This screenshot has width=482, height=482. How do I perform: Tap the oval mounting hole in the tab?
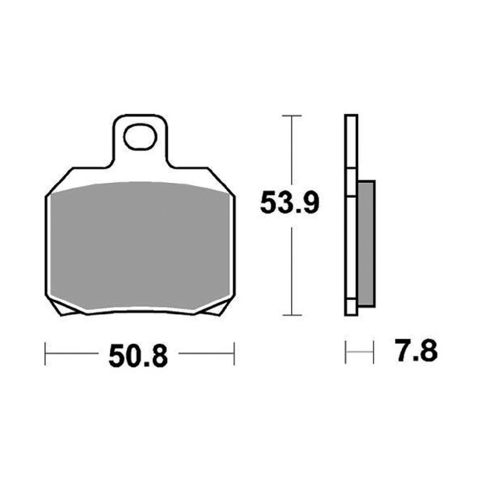pyautogui.click(x=139, y=137)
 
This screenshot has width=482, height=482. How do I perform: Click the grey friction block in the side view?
pyautogui.click(x=366, y=243)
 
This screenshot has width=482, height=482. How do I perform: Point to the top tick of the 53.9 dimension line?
pyautogui.click(x=292, y=116)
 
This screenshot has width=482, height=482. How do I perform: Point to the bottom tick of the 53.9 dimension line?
pyautogui.click(x=292, y=315)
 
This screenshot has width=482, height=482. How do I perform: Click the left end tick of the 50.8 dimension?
pyautogui.click(x=45, y=353)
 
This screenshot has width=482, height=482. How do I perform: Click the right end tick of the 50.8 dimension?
pyautogui.click(x=234, y=353)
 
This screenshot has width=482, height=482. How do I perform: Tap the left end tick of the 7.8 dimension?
pyautogui.click(x=346, y=352)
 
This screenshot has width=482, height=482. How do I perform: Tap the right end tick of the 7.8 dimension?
pyautogui.click(x=373, y=352)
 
